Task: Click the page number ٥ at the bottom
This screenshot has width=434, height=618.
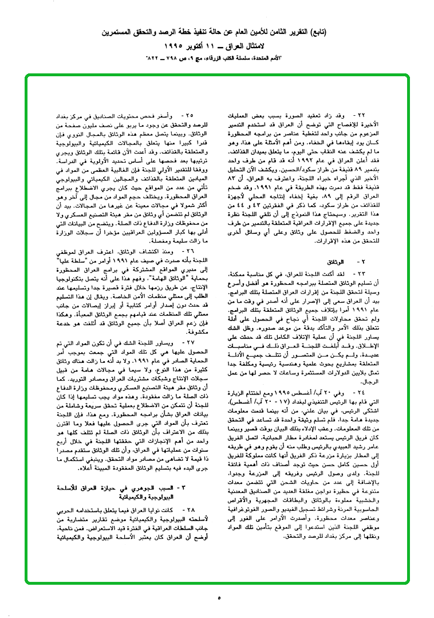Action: [218, 598]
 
